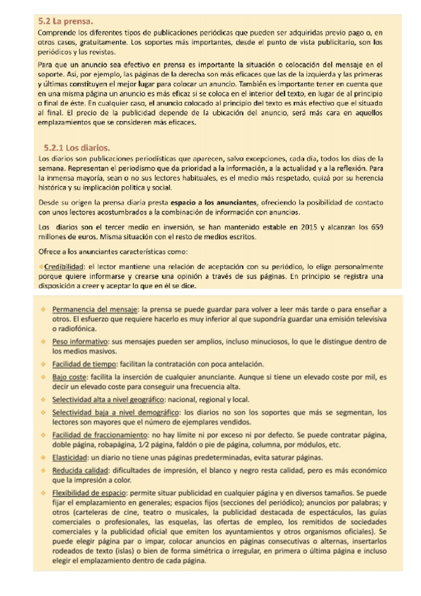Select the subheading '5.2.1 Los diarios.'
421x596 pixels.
[x=77, y=148]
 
